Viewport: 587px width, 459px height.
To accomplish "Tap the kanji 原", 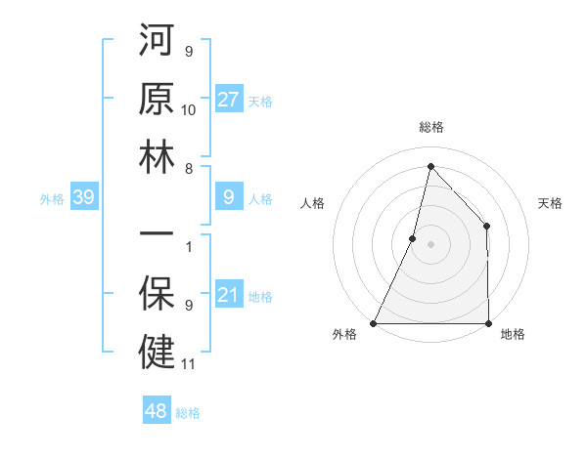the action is (x=157, y=100).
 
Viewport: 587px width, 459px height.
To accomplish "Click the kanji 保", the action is (x=157, y=294).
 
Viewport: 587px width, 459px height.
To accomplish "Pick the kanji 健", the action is (x=157, y=352).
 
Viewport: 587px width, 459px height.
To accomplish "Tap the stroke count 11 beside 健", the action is (x=189, y=364).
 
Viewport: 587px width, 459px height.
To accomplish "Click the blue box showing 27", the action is (x=229, y=100).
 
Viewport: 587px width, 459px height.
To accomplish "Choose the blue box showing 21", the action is (x=229, y=296).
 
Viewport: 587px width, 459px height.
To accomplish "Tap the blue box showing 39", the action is (x=83, y=198).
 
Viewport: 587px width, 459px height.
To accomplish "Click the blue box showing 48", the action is (x=156, y=411).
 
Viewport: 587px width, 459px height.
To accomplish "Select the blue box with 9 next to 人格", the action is (x=229, y=198).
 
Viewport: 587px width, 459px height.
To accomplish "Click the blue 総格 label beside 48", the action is (x=189, y=413).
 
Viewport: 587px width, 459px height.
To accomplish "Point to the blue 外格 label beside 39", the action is (x=52, y=199).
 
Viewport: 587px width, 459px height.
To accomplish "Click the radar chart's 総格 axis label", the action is (x=430, y=127).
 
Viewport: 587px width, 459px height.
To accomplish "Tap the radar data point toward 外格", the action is (x=374, y=323).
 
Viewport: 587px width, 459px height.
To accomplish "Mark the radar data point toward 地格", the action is (x=488, y=323).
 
